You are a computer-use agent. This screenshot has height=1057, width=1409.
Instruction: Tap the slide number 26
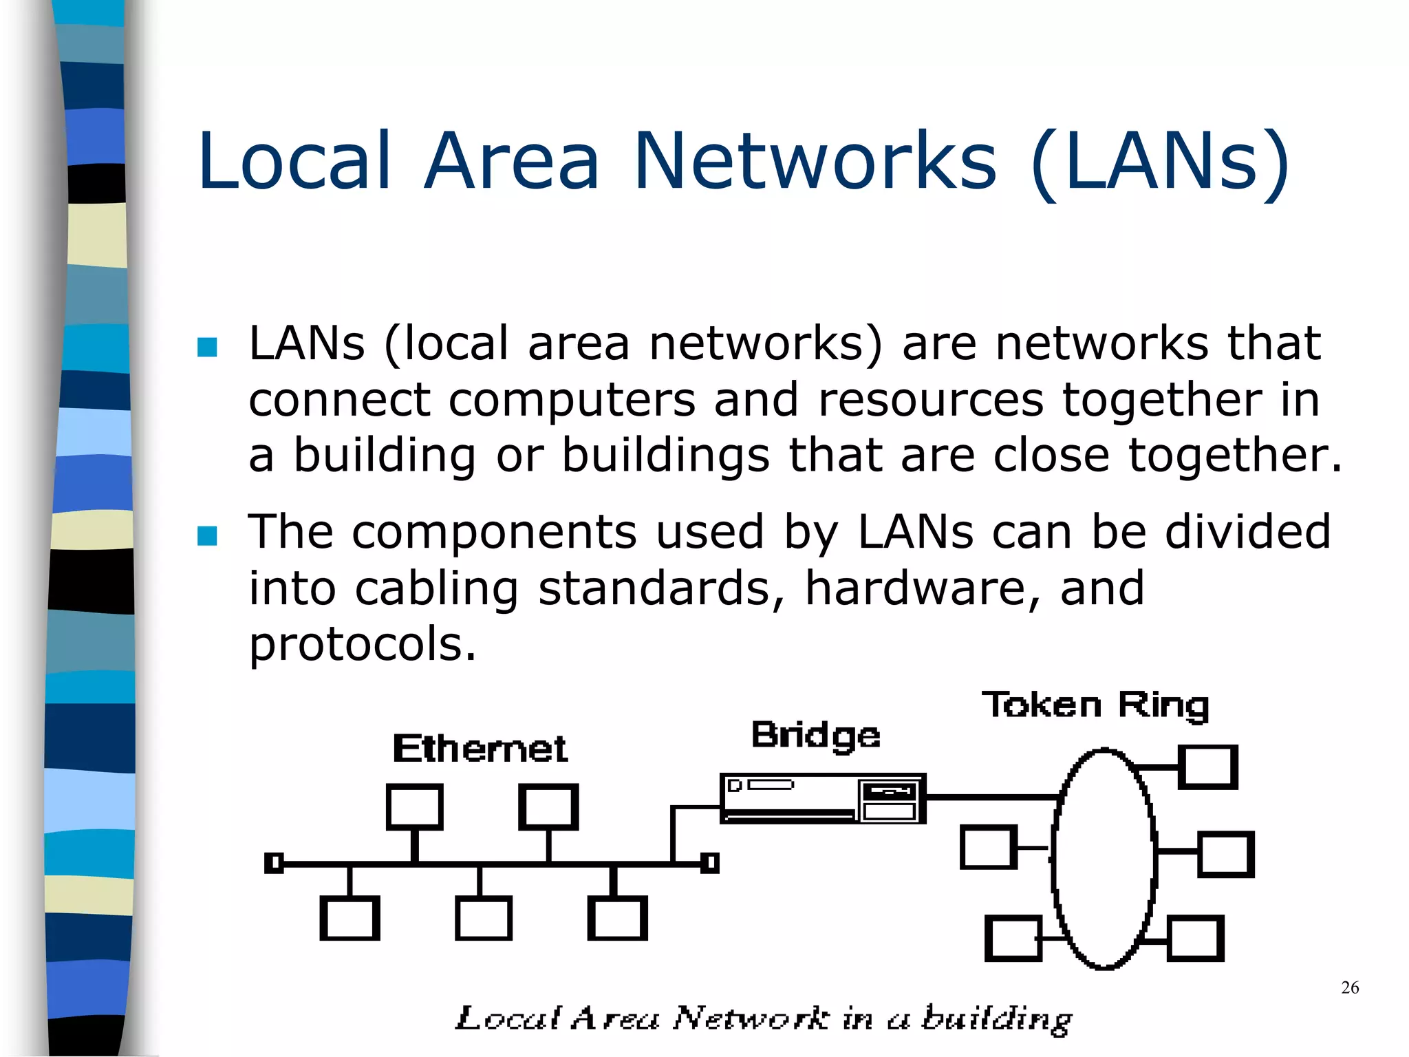coord(1350,987)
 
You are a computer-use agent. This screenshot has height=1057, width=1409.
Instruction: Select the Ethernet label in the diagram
coord(480,749)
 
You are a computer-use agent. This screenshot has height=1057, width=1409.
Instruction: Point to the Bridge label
coord(815,736)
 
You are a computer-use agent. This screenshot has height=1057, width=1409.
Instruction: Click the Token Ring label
coord(1095,705)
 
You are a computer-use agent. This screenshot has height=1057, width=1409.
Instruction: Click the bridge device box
coord(822,798)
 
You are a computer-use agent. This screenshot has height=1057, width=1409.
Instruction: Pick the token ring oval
coord(1104,858)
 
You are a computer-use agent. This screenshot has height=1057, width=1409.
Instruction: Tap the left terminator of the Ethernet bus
coord(274,862)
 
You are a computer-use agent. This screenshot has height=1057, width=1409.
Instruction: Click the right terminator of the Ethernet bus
coord(710,862)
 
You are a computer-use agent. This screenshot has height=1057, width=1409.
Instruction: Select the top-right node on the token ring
coord(1208,767)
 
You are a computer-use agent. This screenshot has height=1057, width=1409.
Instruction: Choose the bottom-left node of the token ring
coord(1013,938)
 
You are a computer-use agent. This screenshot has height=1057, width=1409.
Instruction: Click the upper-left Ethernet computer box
coord(414,807)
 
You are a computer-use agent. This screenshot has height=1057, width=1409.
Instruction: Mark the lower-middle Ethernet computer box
coord(483,918)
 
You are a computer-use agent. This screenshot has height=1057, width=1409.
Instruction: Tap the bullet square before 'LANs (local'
coord(207,347)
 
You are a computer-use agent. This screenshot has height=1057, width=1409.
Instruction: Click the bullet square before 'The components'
coord(207,535)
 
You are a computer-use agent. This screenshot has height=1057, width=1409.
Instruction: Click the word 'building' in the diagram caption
coord(996,1019)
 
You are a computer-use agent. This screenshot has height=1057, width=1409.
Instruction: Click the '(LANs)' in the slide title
coord(1159,162)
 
